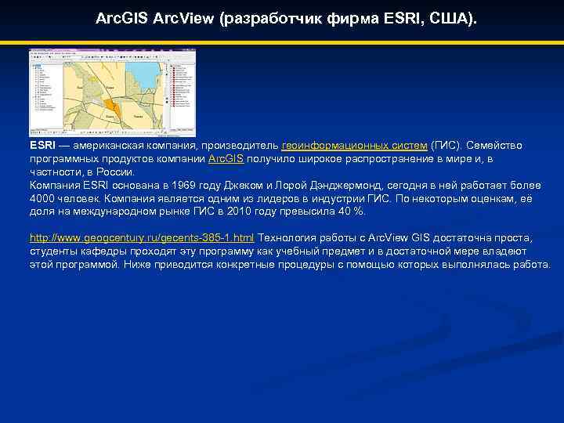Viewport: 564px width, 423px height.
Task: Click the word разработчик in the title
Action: click(269, 16)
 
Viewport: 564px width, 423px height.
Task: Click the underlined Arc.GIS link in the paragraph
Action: click(226, 158)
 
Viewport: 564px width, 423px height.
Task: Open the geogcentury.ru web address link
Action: click(142, 237)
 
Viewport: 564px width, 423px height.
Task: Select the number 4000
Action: click(43, 198)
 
